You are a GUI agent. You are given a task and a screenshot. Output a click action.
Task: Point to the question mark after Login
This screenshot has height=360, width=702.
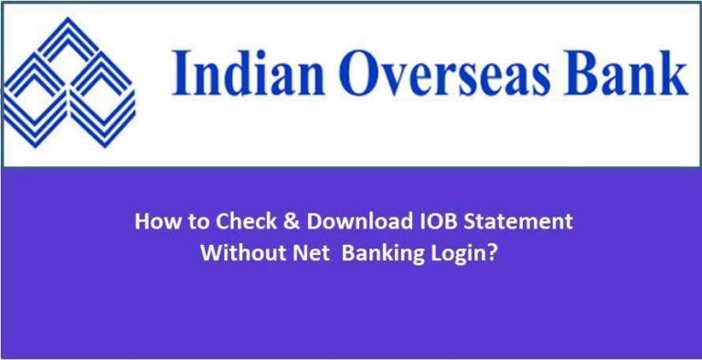[494, 253]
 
